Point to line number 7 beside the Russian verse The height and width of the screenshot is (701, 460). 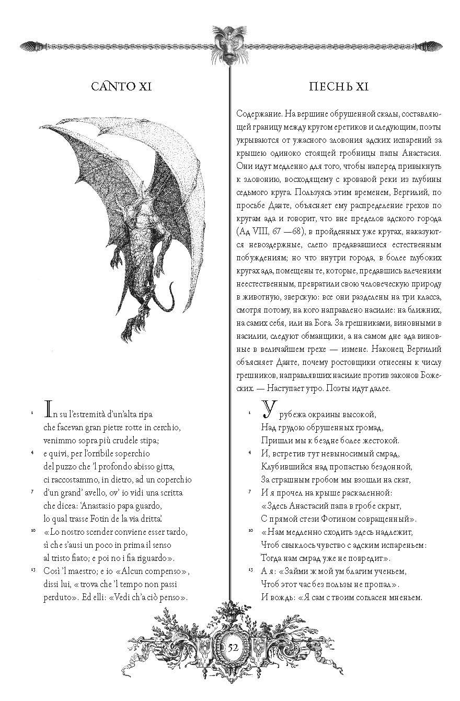click(250, 491)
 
